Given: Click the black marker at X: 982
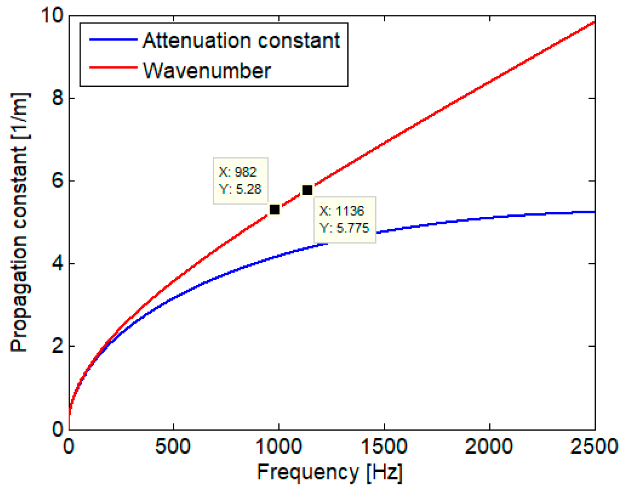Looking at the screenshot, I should [274, 209].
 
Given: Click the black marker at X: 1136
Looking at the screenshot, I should [307, 190].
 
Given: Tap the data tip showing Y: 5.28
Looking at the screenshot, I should [240, 181].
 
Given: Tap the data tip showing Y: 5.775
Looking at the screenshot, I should [345, 220].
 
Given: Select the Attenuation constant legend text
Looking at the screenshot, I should [241, 41].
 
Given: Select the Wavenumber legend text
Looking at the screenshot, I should [207, 70].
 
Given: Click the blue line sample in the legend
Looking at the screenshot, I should [113, 40].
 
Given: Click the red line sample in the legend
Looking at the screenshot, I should [113, 67].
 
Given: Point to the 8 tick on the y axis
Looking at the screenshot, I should [58, 98].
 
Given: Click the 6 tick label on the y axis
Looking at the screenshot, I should [58, 181].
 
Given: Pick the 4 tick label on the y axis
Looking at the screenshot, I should [58, 264].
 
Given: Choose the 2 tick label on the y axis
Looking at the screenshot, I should [58, 346].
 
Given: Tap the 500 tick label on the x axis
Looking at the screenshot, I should [173, 446].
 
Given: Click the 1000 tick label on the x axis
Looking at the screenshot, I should [279, 446].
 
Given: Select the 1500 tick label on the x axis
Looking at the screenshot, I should [384, 446].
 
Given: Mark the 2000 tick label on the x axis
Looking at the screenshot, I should [489, 446].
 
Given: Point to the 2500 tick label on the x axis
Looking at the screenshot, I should [594, 446].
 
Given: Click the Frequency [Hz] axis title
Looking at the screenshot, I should [330, 472].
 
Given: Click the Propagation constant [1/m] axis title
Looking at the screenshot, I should [20, 222].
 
